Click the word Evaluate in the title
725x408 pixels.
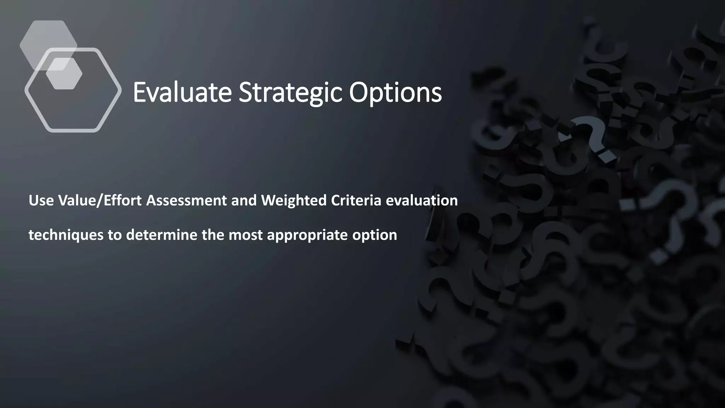pyautogui.click(x=182, y=92)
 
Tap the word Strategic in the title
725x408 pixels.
pyautogui.click(x=290, y=92)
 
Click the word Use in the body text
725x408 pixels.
pyautogui.click(x=41, y=200)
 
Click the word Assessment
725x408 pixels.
pyautogui.click(x=186, y=200)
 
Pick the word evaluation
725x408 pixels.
pyautogui.click(x=422, y=200)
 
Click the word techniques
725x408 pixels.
pyautogui.click(x=66, y=235)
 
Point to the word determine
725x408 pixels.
pyautogui.click(x=161, y=235)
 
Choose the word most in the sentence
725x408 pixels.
pyautogui.click(x=246, y=235)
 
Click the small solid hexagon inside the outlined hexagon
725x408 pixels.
pyautogui.click(x=64, y=74)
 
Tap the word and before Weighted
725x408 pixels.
pyautogui.click(x=244, y=200)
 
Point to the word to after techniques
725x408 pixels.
pyautogui.click(x=115, y=235)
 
